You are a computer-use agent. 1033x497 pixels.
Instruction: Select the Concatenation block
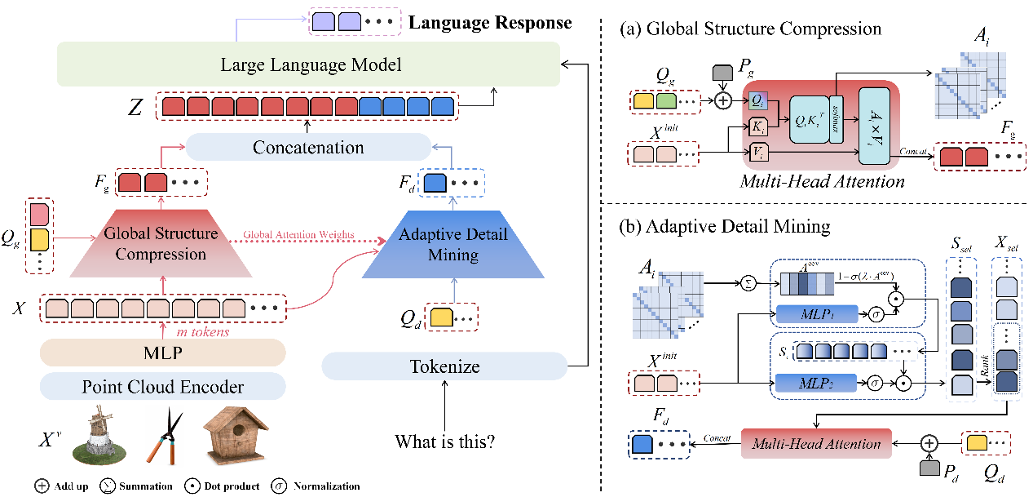pyautogui.click(x=307, y=148)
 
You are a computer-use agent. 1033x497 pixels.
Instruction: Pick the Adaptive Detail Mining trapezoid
pyautogui.click(x=453, y=244)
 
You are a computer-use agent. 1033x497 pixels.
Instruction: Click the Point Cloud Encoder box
pyautogui.click(x=162, y=386)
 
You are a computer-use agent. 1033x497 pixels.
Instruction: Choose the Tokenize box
pyautogui.click(x=444, y=366)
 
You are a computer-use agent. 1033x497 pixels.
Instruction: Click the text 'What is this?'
pyautogui.click(x=444, y=444)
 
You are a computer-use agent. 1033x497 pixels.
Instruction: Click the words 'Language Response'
pyautogui.click(x=490, y=22)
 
